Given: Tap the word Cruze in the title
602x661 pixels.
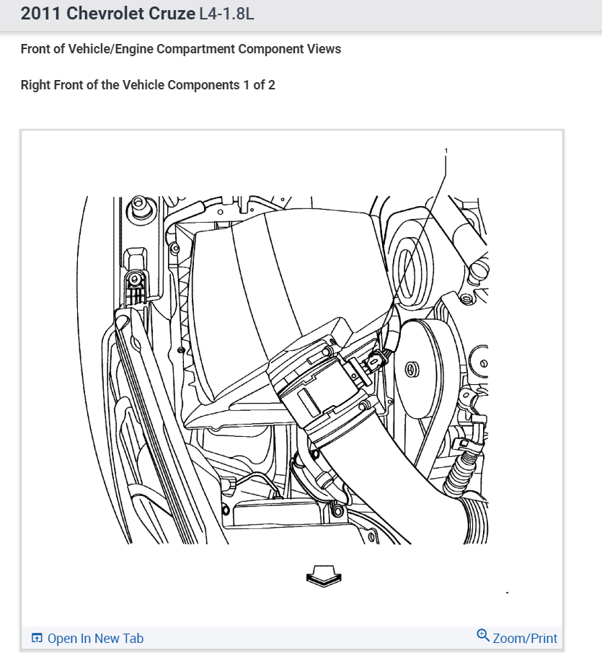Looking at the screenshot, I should tap(171, 14).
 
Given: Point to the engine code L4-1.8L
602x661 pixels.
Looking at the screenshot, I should tap(226, 14).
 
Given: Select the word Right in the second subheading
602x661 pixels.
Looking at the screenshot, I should tap(37, 85).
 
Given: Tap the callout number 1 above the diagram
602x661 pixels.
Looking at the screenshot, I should tap(446, 151).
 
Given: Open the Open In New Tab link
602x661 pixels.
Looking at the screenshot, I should tap(95, 639).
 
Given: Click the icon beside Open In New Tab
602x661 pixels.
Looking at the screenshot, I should tap(37, 639).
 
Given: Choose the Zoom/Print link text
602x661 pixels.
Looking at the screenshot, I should tap(525, 639).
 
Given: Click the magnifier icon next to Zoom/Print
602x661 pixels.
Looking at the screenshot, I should tap(483, 635).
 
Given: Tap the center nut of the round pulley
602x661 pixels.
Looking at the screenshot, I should tap(413, 369).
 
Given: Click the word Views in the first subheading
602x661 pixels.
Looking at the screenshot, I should tap(324, 49).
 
